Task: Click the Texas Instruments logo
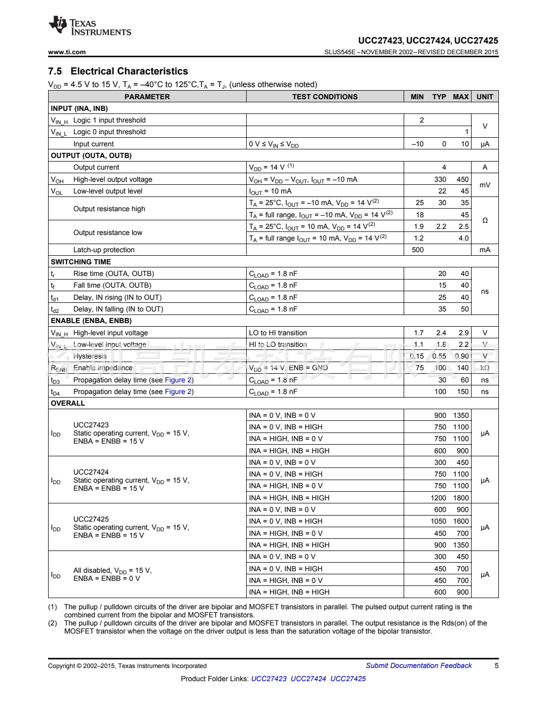(90, 26)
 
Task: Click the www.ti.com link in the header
(67, 52)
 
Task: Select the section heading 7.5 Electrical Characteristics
(118, 71)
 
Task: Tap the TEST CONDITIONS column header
(325, 97)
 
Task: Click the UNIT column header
(485, 97)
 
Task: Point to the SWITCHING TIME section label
(81, 262)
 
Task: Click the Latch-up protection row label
(104, 250)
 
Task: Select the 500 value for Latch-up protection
(418, 250)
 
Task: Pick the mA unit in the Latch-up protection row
(485, 250)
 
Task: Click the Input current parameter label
(94, 144)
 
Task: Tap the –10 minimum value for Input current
(417, 144)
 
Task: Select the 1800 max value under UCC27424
(461, 498)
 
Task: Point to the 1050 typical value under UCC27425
(439, 521)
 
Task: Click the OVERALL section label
(68, 403)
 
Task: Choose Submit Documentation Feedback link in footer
(419, 665)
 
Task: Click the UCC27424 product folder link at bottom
(308, 679)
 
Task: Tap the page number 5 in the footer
(496, 665)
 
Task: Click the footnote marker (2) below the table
(53, 623)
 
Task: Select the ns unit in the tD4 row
(485, 391)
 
